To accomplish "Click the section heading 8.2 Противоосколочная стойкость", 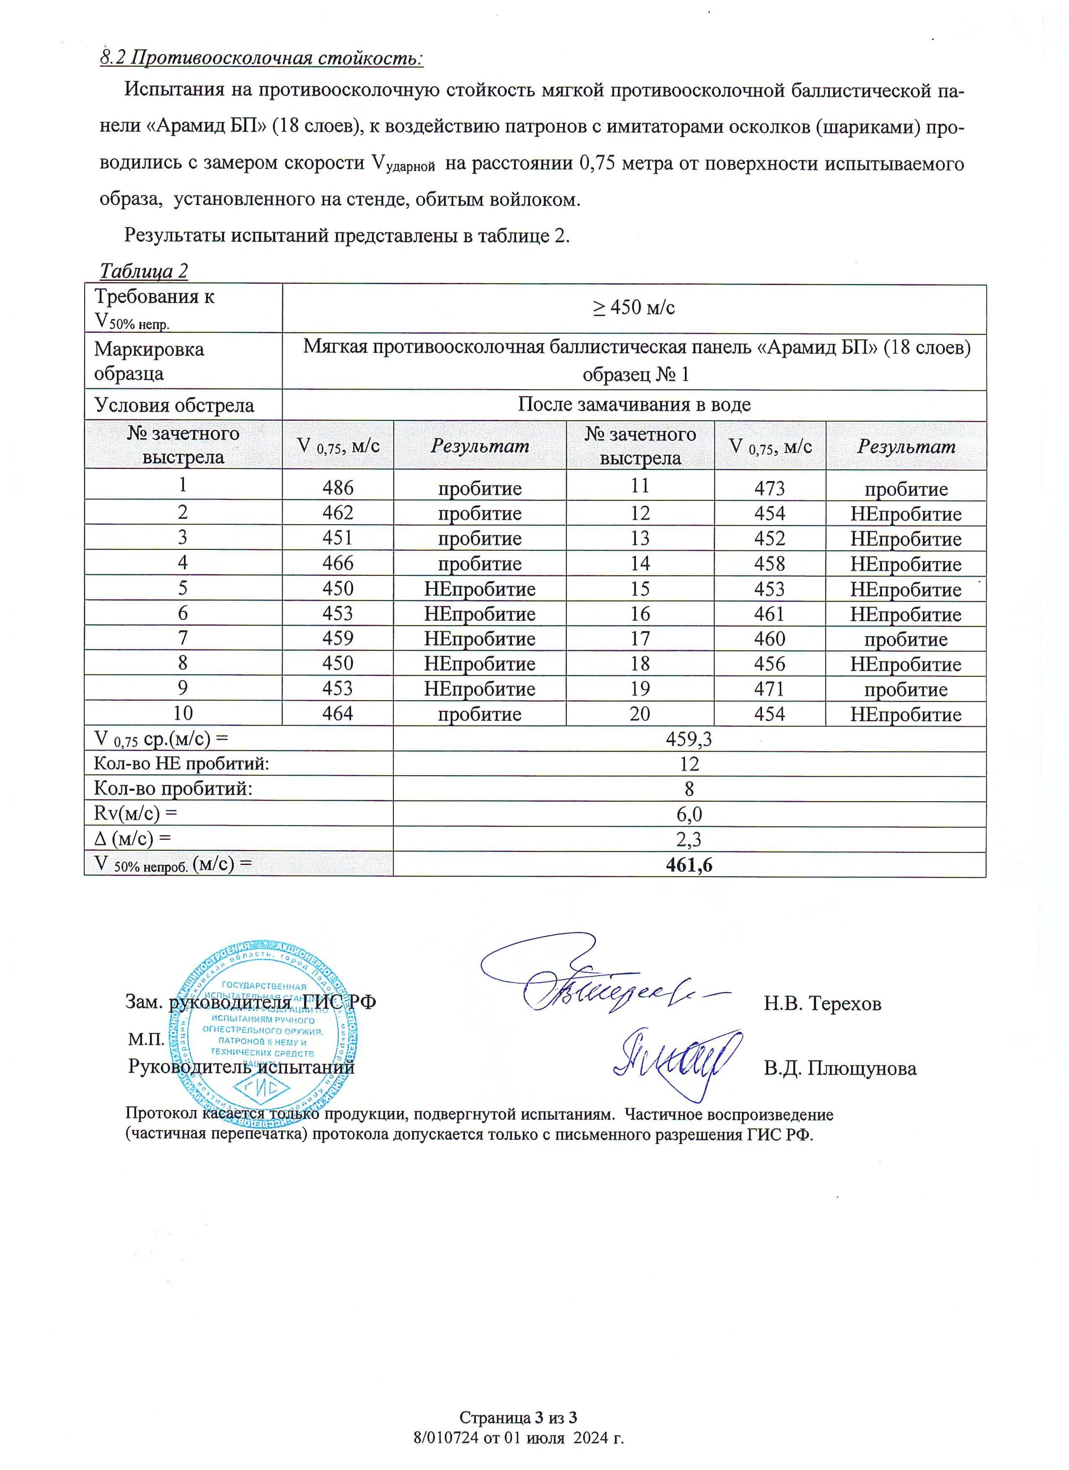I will point(262,58).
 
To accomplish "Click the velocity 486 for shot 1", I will point(338,488).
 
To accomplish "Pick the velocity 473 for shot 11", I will point(770,488).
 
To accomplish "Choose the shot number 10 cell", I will point(183,713).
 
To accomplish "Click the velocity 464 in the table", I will point(338,713).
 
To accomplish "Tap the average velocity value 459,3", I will point(689,739).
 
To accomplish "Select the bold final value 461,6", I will point(689,865).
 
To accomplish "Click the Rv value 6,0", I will point(689,814).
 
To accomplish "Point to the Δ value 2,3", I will point(689,839).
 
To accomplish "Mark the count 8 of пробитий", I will point(689,789).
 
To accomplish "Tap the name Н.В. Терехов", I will point(822,1004).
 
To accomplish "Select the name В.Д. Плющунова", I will point(840,1068).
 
